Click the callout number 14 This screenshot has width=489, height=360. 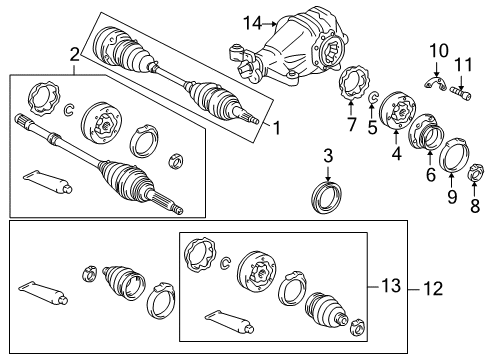coord(223,21)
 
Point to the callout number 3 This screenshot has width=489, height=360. coord(328,155)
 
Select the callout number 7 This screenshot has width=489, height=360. coord(351,124)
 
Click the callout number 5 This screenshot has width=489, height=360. coord(372,127)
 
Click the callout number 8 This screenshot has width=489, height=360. coord(474,206)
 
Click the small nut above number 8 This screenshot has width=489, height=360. coord(475,181)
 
